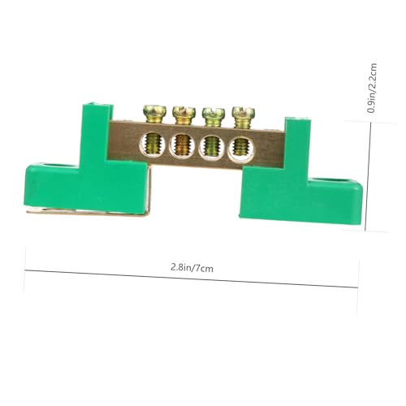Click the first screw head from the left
[x=153, y=110]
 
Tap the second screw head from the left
[x=184, y=111]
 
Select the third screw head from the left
[x=214, y=113]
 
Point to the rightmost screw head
[x=244, y=111]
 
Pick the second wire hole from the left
[x=182, y=145]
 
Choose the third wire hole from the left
[x=211, y=147]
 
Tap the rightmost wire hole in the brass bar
[x=240, y=149]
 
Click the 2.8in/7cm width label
[x=192, y=268]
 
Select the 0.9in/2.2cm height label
[x=371, y=88]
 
